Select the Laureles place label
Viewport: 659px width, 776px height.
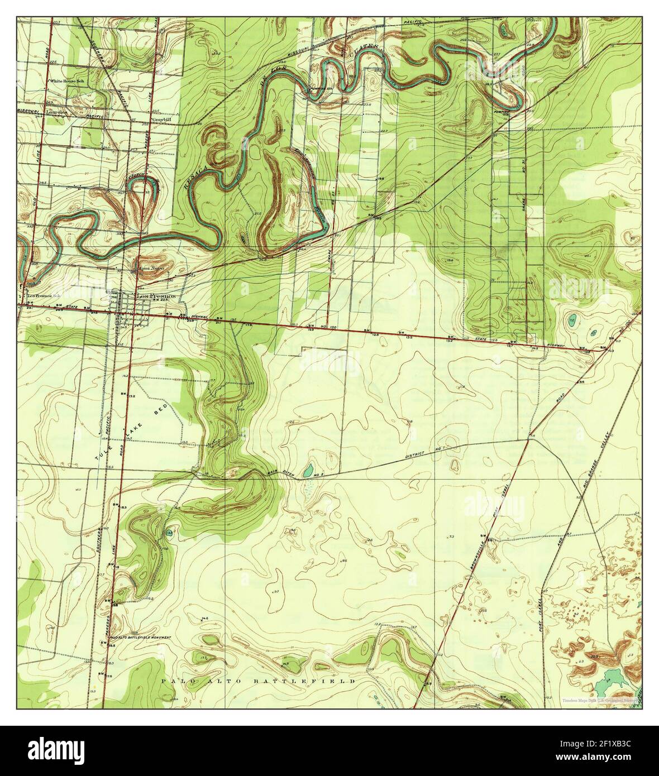[x=57, y=112]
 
